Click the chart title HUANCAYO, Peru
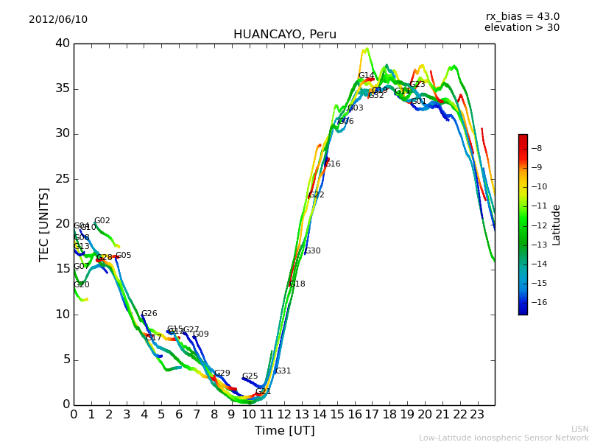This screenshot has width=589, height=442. (x=284, y=35)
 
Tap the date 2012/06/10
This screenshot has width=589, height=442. (x=58, y=20)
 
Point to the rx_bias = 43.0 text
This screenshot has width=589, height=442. (x=522, y=17)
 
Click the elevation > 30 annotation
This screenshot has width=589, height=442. (x=521, y=28)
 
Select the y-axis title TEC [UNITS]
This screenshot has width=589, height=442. (x=45, y=224)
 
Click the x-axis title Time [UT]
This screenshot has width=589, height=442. (x=284, y=431)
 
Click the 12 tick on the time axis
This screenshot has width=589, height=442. (x=284, y=415)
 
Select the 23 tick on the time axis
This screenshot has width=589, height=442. (x=477, y=415)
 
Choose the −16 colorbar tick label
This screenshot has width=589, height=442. (x=538, y=302)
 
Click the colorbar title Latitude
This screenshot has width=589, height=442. (x=557, y=225)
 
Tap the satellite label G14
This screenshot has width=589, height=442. (x=367, y=76)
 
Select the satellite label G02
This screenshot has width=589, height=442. (x=102, y=221)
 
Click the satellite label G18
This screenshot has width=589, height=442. (x=297, y=284)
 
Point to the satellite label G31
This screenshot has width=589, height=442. (x=283, y=371)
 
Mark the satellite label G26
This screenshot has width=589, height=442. (x=149, y=314)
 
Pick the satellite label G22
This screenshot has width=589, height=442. (x=317, y=195)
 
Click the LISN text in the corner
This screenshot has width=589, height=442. (x=580, y=429)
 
